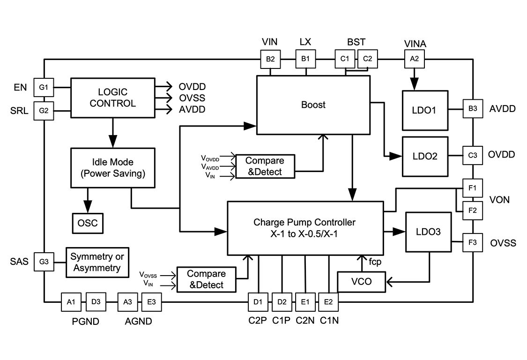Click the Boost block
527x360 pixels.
tap(313, 105)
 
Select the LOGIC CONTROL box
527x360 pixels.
tap(112, 97)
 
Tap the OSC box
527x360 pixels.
tap(88, 223)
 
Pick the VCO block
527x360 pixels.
tap(361, 282)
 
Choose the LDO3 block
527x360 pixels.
tap(428, 232)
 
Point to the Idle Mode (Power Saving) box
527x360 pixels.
tap(112, 167)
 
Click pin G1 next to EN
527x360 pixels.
tap(44, 87)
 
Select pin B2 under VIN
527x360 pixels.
tap(270, 59)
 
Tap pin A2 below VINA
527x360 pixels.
tap(414, 59)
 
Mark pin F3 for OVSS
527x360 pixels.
tap(472, 243)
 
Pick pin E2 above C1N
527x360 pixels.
tap(328, 302)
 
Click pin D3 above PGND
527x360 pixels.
tap(96, 302)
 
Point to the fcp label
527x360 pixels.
tap(375, 262)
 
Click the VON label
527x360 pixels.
tap(500, 200)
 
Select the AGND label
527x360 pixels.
tap(138, 322)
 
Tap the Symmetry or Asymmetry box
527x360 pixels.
tap(97, 262)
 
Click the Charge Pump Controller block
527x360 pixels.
tap(304, 227)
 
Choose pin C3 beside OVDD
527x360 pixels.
tap(472, 155)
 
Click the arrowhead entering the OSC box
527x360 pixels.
tap(88, 208)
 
